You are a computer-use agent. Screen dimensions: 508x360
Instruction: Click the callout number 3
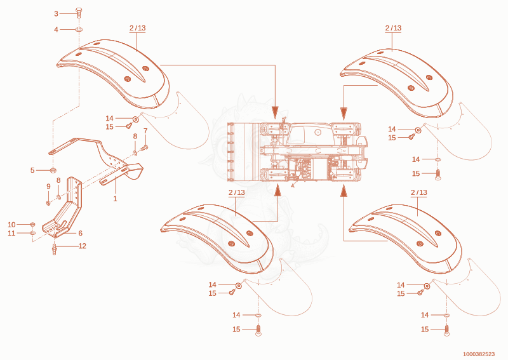click(56, 13)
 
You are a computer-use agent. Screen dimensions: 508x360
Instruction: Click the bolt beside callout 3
click(78, 13)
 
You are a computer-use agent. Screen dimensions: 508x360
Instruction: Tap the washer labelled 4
click(79, 29)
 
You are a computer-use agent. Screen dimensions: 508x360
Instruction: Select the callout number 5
click(32, 170)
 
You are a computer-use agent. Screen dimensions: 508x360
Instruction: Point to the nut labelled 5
click(52, 170)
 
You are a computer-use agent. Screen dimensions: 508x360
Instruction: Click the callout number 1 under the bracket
click(115, 198)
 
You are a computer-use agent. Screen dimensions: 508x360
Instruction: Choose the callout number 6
click(81, 233)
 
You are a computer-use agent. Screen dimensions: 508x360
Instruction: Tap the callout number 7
click(145, 131)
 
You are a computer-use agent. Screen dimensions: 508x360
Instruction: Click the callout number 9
click(49, 186)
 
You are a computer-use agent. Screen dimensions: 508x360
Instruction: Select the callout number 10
click(11, 225)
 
